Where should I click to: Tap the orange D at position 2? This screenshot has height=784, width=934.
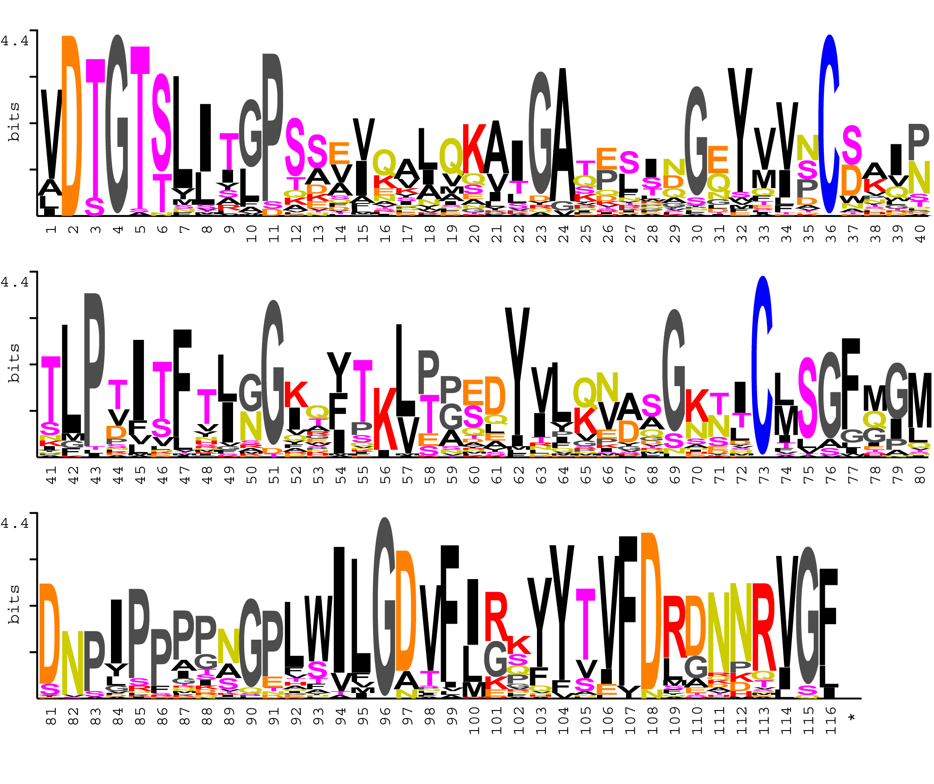72,126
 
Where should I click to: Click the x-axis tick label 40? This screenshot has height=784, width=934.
920,233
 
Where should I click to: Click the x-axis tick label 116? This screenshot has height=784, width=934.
831,721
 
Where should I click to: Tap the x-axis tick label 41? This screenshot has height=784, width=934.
51,475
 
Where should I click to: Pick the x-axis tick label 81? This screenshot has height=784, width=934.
51,716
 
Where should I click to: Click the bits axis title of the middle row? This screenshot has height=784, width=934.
14,363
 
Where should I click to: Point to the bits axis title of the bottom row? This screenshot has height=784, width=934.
14,604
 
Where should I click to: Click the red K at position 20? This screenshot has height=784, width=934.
473,149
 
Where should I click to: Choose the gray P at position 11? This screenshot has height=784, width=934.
272,127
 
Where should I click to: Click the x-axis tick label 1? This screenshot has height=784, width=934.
51,229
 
